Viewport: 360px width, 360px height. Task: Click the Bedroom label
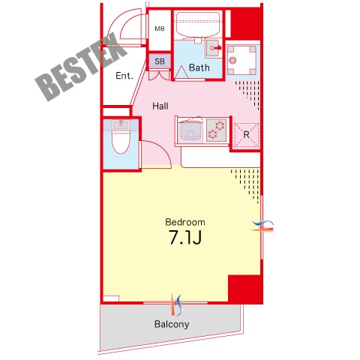(x=185, y=222)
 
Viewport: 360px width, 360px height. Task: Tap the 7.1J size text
(x=185, y=237)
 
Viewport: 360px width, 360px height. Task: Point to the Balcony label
(x=172, y=324)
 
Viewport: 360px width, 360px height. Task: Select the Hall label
(x=160, y=106)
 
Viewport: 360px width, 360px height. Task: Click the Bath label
(x=199, y=67)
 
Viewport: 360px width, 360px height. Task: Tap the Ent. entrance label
(x=124, y=76)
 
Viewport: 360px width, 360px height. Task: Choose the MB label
(x=160, y=28)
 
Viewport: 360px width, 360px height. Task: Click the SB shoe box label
(x=160, y=61)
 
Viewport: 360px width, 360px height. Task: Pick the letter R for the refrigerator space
(x=246, y=135)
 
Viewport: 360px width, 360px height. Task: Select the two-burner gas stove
(x=217, y=130)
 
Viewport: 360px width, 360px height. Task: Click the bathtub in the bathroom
(x=198, y=25)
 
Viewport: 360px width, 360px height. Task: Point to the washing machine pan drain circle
(x=233, y=60)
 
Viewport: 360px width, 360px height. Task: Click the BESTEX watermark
(x=81, y=67)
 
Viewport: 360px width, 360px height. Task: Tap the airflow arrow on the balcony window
(x=176, y=305)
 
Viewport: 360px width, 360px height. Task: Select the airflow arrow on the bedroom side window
(x=262, y=225)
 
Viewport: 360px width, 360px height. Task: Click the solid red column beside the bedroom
(x=245, y=289)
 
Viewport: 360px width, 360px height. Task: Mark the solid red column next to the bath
(x=246, y=23)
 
